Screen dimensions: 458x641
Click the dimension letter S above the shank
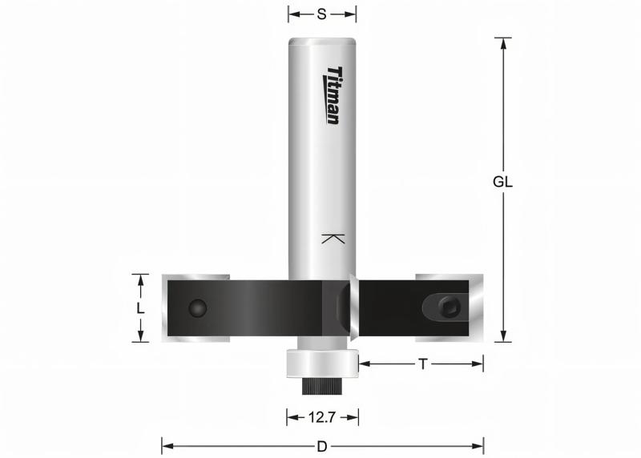[x=322, y=14]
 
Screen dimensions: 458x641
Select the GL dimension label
[x=502, y=181]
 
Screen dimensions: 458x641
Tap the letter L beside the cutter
[x=139, y=308]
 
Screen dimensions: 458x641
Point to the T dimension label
[x=422, y=364]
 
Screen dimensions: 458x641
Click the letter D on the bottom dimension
[x=322, y=445]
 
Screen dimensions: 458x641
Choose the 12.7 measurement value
[x=322, y=416]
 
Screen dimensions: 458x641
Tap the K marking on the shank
[x=333, y=239]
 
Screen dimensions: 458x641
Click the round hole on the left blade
[x=196, y=307]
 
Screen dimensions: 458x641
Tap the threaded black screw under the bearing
[x=322, y=386]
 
